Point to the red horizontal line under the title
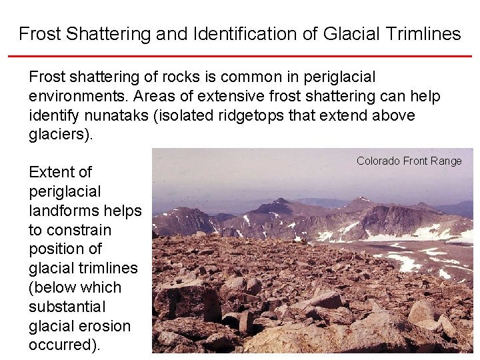click(240, 56)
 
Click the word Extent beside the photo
click(51, 172)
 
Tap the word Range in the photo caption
click(447, 161)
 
